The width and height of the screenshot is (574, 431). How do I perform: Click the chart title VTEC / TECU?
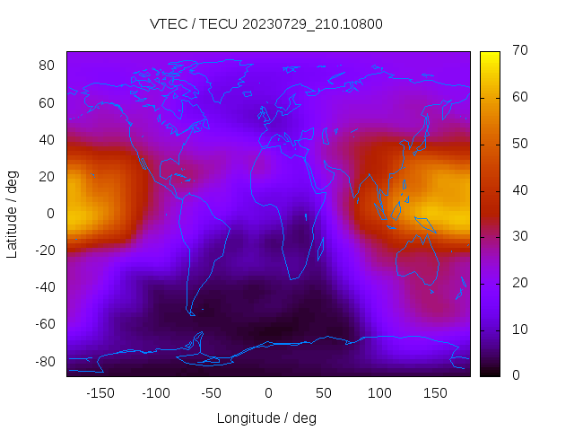(x=266, y=24)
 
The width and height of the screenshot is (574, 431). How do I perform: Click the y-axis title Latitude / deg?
(x=13, y=213)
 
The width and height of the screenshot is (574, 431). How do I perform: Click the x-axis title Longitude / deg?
(x=266, y=418)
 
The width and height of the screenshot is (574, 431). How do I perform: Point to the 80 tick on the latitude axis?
(x=48, y=66)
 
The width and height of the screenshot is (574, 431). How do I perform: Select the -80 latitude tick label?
(x=45, y=361)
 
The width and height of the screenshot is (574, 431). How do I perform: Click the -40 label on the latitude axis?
(x=45, y=287)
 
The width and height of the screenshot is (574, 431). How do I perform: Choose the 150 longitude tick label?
(x=435, y=392)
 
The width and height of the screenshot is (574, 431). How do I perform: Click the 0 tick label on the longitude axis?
(x=267, y=392)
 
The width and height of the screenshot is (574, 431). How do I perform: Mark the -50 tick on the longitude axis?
(x=212, y=392)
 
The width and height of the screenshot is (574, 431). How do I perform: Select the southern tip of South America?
(x=191, y=313)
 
